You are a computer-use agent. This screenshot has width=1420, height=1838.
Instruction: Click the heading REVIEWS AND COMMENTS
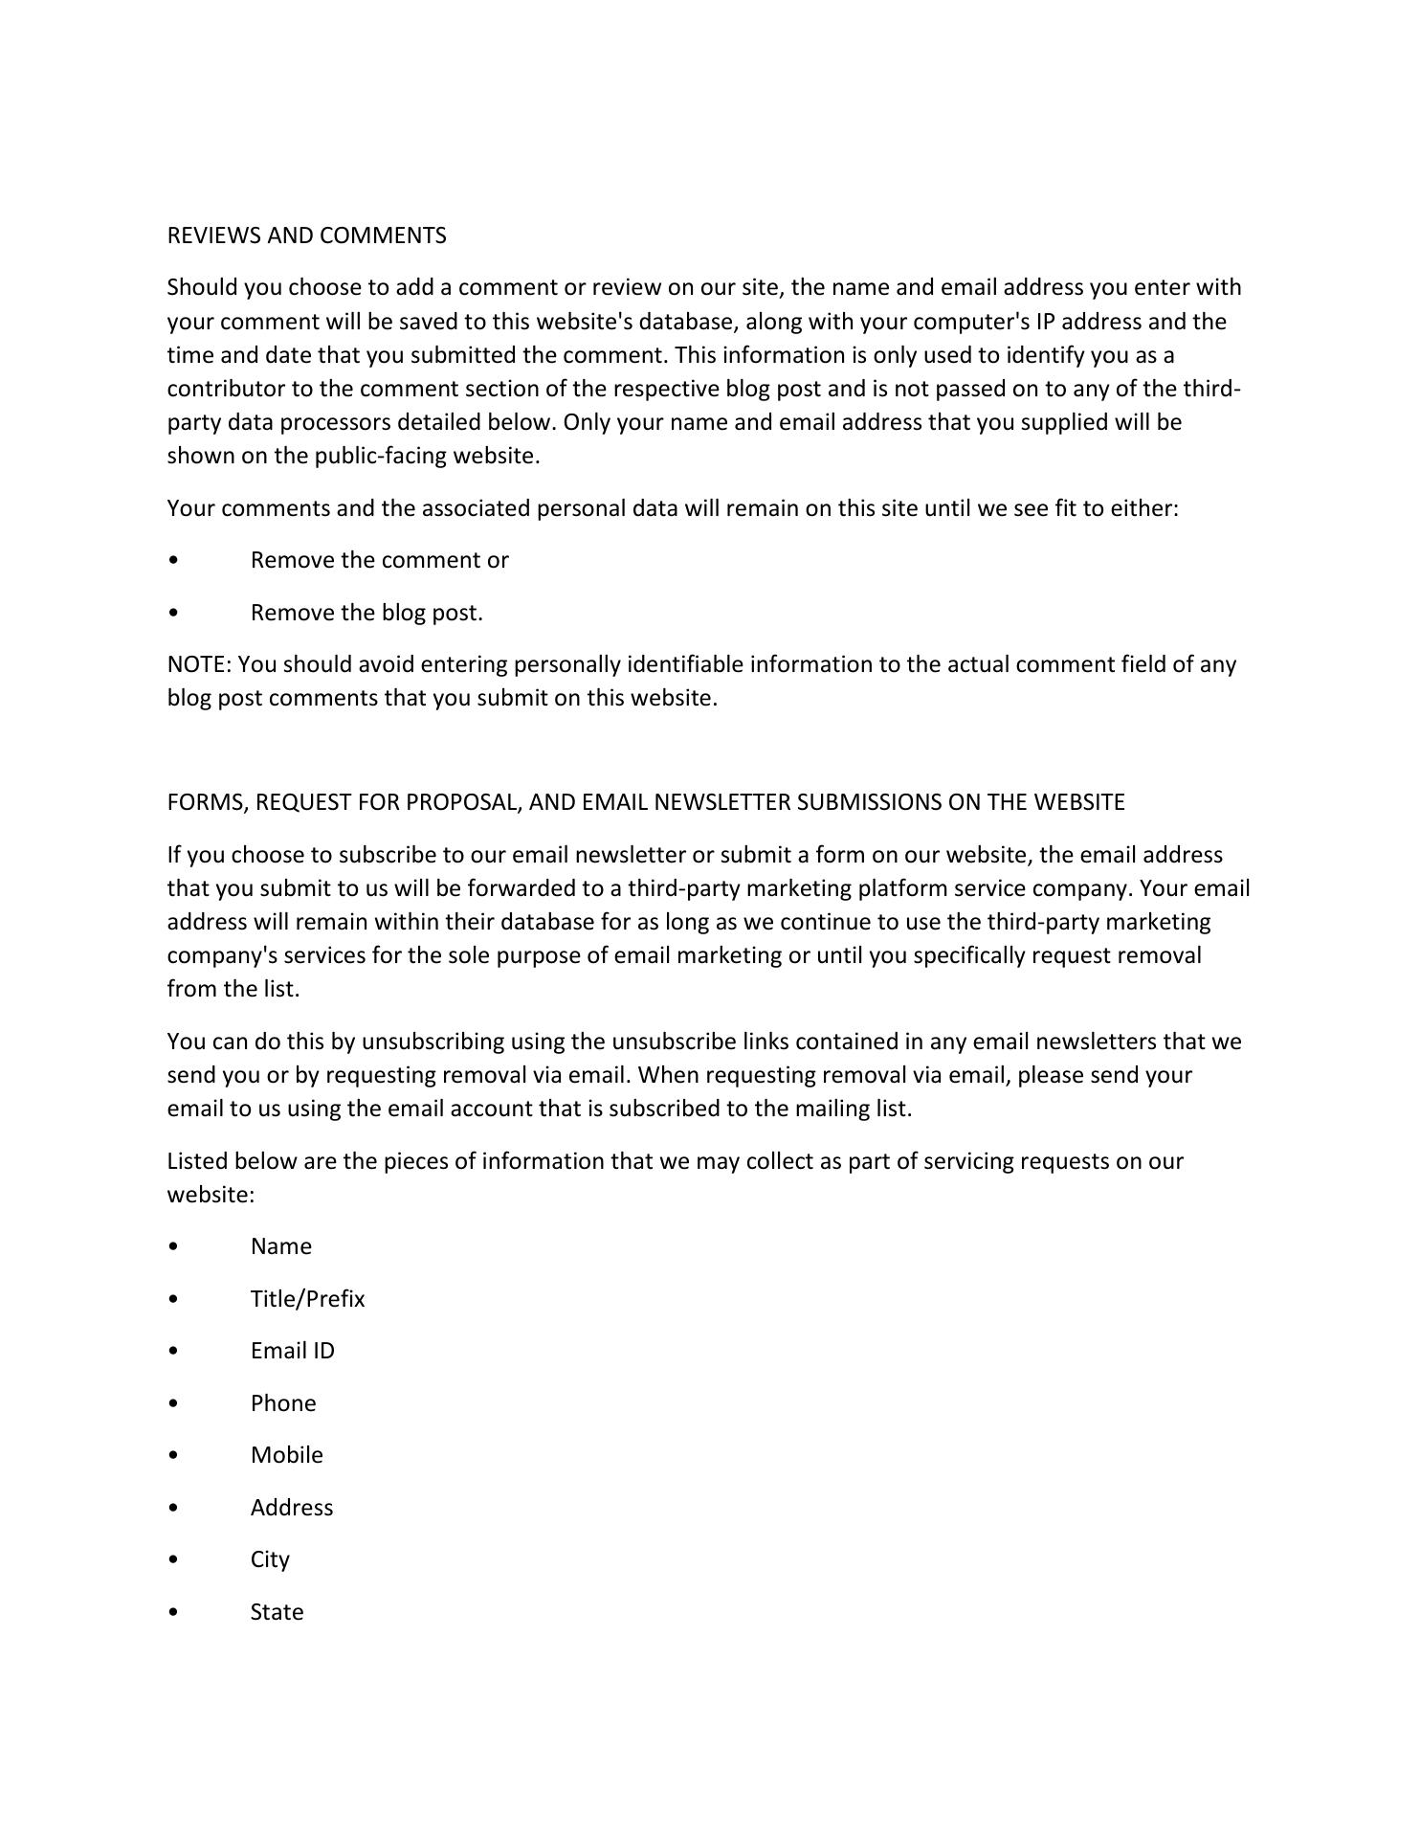[x=306, y=235]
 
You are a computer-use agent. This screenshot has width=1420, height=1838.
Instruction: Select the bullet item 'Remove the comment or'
[x=379, y=560]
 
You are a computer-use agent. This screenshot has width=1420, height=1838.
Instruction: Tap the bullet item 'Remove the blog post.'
[x=366, y=613]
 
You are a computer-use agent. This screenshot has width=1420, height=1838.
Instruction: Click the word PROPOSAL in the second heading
[x=463, y=802]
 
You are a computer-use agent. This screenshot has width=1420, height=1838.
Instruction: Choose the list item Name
[x=280, y=1246]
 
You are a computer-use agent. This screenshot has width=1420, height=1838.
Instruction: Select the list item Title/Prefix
[x=307, y=1299]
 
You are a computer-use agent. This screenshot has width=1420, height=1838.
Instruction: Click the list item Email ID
[x=292, y=1351]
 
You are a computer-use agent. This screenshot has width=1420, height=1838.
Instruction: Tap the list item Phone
[x=282, y=1403]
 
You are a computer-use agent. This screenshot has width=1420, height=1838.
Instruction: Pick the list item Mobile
[x=286, y=1455]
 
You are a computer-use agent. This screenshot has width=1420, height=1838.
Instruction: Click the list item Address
[x=291, y=1508]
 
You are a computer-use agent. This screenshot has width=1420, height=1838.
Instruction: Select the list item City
[x=269, y=1559]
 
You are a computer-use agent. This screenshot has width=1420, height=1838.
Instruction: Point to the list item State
[x=277, y=1612]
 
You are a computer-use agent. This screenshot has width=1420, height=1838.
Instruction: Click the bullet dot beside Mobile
[x=172, y=1456]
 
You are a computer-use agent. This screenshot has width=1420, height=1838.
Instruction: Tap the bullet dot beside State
[x=172, y=1613]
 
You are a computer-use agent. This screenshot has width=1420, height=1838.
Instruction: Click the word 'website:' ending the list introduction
[x=211, y=1195]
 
